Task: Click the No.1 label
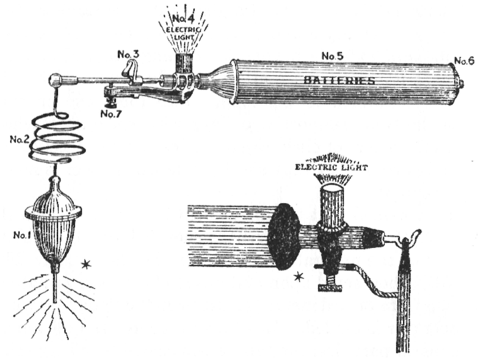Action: pyautogui.click(x=21, y=235)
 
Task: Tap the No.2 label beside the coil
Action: pyautogui.click(x=19, y=139)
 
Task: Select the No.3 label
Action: pyautogui.click(x=128, y=55)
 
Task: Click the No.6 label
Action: pyautogui.click(x=464, y=60)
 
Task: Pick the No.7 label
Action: pyautogui.click(x=111, y=114)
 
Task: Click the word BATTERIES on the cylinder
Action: pyautogui.click(x=339, y=80)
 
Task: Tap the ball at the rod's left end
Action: pyautogui.click(x=55, y=80)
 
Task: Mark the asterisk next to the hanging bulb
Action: pyautogui.click(x=86, y=265)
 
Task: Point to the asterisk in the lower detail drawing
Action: pyautogui.click(x=298, y=276)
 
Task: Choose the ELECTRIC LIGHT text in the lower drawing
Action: pyautogui.click(x=331, y=167)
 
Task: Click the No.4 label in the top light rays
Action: pyautogui.click(x=183, y=18)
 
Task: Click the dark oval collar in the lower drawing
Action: pyautogui.click(x=284, y=236)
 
